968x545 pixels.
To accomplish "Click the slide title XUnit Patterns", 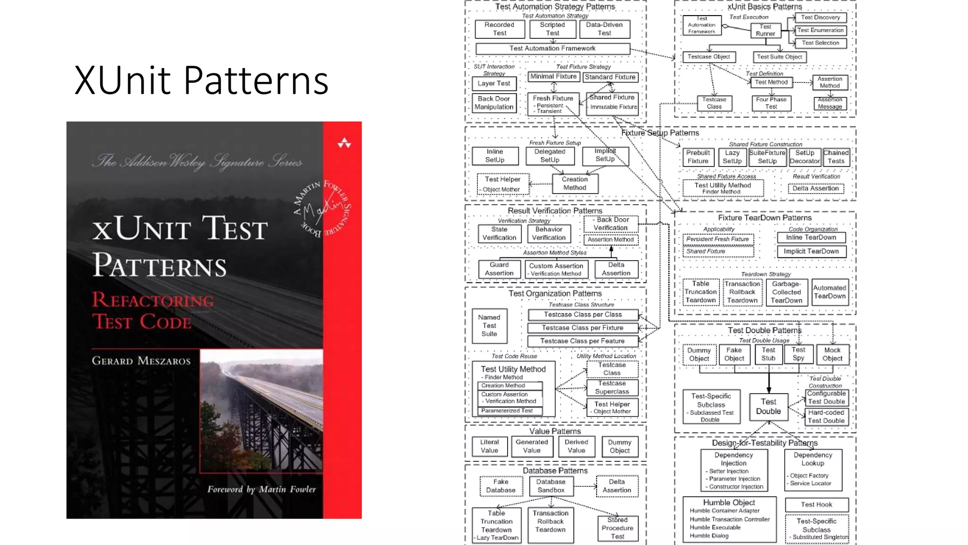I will coord(201,80).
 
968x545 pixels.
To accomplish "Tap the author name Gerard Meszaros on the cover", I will coord(141,361).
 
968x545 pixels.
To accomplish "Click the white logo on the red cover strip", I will coord(344,143).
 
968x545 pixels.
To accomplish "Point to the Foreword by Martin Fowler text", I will coord(261,489).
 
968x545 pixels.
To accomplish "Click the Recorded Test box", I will coord(500,29).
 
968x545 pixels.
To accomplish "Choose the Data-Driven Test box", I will coord(604,29).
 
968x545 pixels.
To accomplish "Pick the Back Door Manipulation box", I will coord(494,103).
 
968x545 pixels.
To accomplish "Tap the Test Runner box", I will coord(765,30).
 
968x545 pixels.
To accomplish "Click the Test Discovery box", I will coord(821,18).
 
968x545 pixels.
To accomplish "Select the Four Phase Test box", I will coord(771,103).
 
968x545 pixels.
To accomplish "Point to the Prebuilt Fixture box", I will coord(698,157).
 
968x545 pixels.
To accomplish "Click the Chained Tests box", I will coord(836,157).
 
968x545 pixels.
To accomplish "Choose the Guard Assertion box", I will coord(499,269).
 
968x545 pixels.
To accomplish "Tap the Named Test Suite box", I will coord(489,325).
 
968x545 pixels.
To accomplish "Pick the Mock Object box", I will coord(832,354).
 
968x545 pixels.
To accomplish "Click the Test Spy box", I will coord(798,354).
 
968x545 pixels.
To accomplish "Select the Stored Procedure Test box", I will coord(617,528).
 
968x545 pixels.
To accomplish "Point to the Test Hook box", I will coord(816,505).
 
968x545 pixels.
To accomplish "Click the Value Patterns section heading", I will coord(555,431).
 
